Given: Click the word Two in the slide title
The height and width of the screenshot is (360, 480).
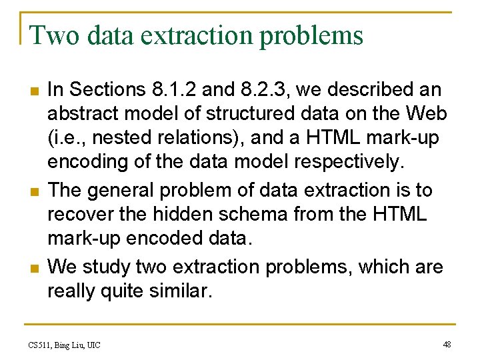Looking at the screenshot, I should pos(49,35).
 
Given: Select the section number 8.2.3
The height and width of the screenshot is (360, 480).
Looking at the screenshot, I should pos(260,89).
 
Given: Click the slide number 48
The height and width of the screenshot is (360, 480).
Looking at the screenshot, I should pos(447,344).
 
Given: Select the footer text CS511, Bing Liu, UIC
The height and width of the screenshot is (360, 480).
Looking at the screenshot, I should pos(64,345).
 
